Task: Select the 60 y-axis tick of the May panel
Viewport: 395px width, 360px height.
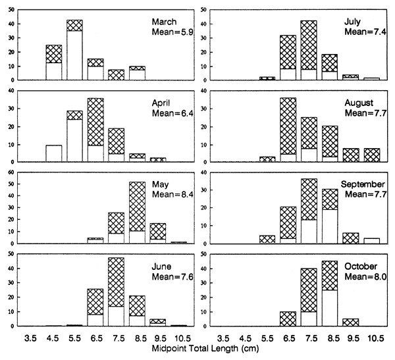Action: pos(10,174)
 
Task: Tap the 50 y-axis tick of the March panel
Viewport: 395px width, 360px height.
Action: pos(10,10)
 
